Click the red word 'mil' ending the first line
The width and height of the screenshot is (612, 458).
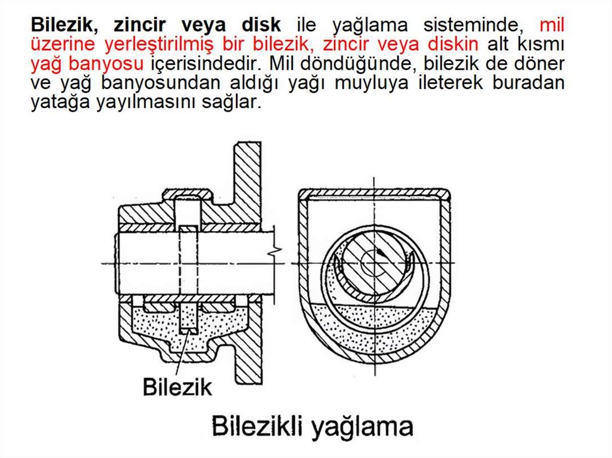[x=551, y=25]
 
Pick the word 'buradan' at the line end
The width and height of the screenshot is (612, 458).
[x=528, y=82]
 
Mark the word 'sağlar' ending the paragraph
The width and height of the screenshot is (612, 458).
[x=229, y=102]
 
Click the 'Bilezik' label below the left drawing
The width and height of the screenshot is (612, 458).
[x=177, y=386]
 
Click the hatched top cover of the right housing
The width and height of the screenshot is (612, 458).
[x=374, y=193]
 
